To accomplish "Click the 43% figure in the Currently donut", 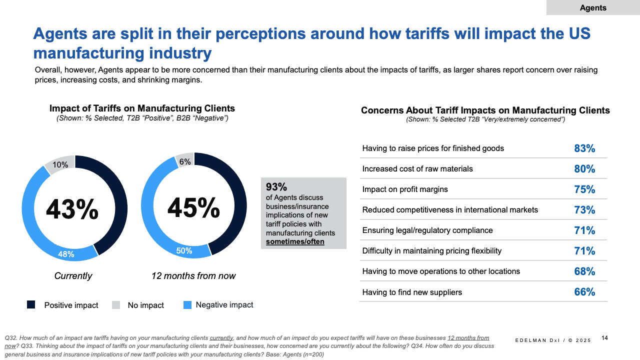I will point(72,209).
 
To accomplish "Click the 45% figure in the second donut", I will point(193,207).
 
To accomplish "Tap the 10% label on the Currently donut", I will point(60,165).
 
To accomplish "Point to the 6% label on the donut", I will point(185,161).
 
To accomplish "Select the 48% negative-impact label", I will point(66,254).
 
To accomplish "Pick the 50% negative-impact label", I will point(184,250).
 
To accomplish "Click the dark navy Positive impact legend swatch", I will point(31,304).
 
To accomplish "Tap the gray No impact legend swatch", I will point(115,304).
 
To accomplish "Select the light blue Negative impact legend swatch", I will point(187,304).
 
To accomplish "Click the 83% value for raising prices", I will point(584,148).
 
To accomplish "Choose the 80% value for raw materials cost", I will point(584,169).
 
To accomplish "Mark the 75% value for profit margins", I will point(584,189).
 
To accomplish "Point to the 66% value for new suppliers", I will point(584,292).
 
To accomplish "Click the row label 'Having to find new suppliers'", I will point(412,292).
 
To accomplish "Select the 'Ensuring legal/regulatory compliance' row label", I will point(427,230).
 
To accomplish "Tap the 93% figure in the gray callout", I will point(276,187).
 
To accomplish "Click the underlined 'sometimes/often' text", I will point(295,241).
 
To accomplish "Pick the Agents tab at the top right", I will point(593,7).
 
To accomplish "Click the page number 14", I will point(604,338).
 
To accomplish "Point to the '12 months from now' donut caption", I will point(193,276).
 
